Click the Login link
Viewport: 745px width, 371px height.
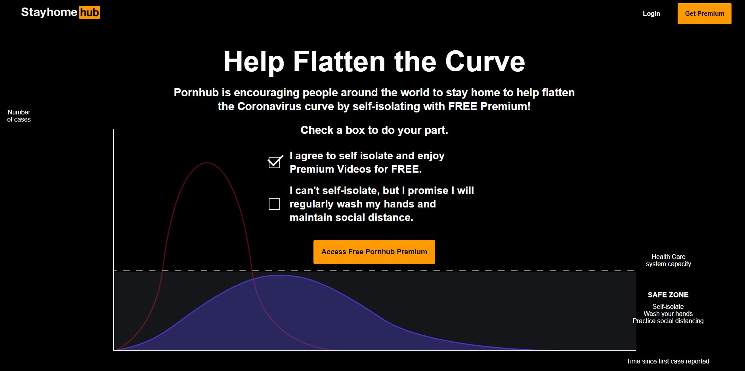[651, 13]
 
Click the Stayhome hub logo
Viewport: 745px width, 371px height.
[61, 13]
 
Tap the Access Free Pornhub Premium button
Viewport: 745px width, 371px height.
[374, 252]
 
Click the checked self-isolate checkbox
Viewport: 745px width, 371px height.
[275, 162]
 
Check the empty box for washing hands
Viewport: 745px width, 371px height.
[274, 204]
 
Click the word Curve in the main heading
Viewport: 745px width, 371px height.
[485, 62]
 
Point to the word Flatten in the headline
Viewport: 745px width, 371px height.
[339, 62]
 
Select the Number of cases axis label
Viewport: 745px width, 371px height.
[19, 116]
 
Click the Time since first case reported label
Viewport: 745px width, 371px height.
[668, 361]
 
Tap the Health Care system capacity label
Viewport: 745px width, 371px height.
[669, 260]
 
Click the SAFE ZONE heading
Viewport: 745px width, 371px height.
[668, 295]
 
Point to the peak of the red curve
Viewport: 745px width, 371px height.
[207, 163]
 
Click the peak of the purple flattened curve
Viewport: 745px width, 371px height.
[280, 275]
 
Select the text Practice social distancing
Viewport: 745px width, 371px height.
[668, 321]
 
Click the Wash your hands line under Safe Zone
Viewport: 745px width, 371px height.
[668, 314]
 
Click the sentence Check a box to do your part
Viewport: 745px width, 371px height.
[374, 130]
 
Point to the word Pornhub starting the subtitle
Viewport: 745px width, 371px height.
[196, 93]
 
